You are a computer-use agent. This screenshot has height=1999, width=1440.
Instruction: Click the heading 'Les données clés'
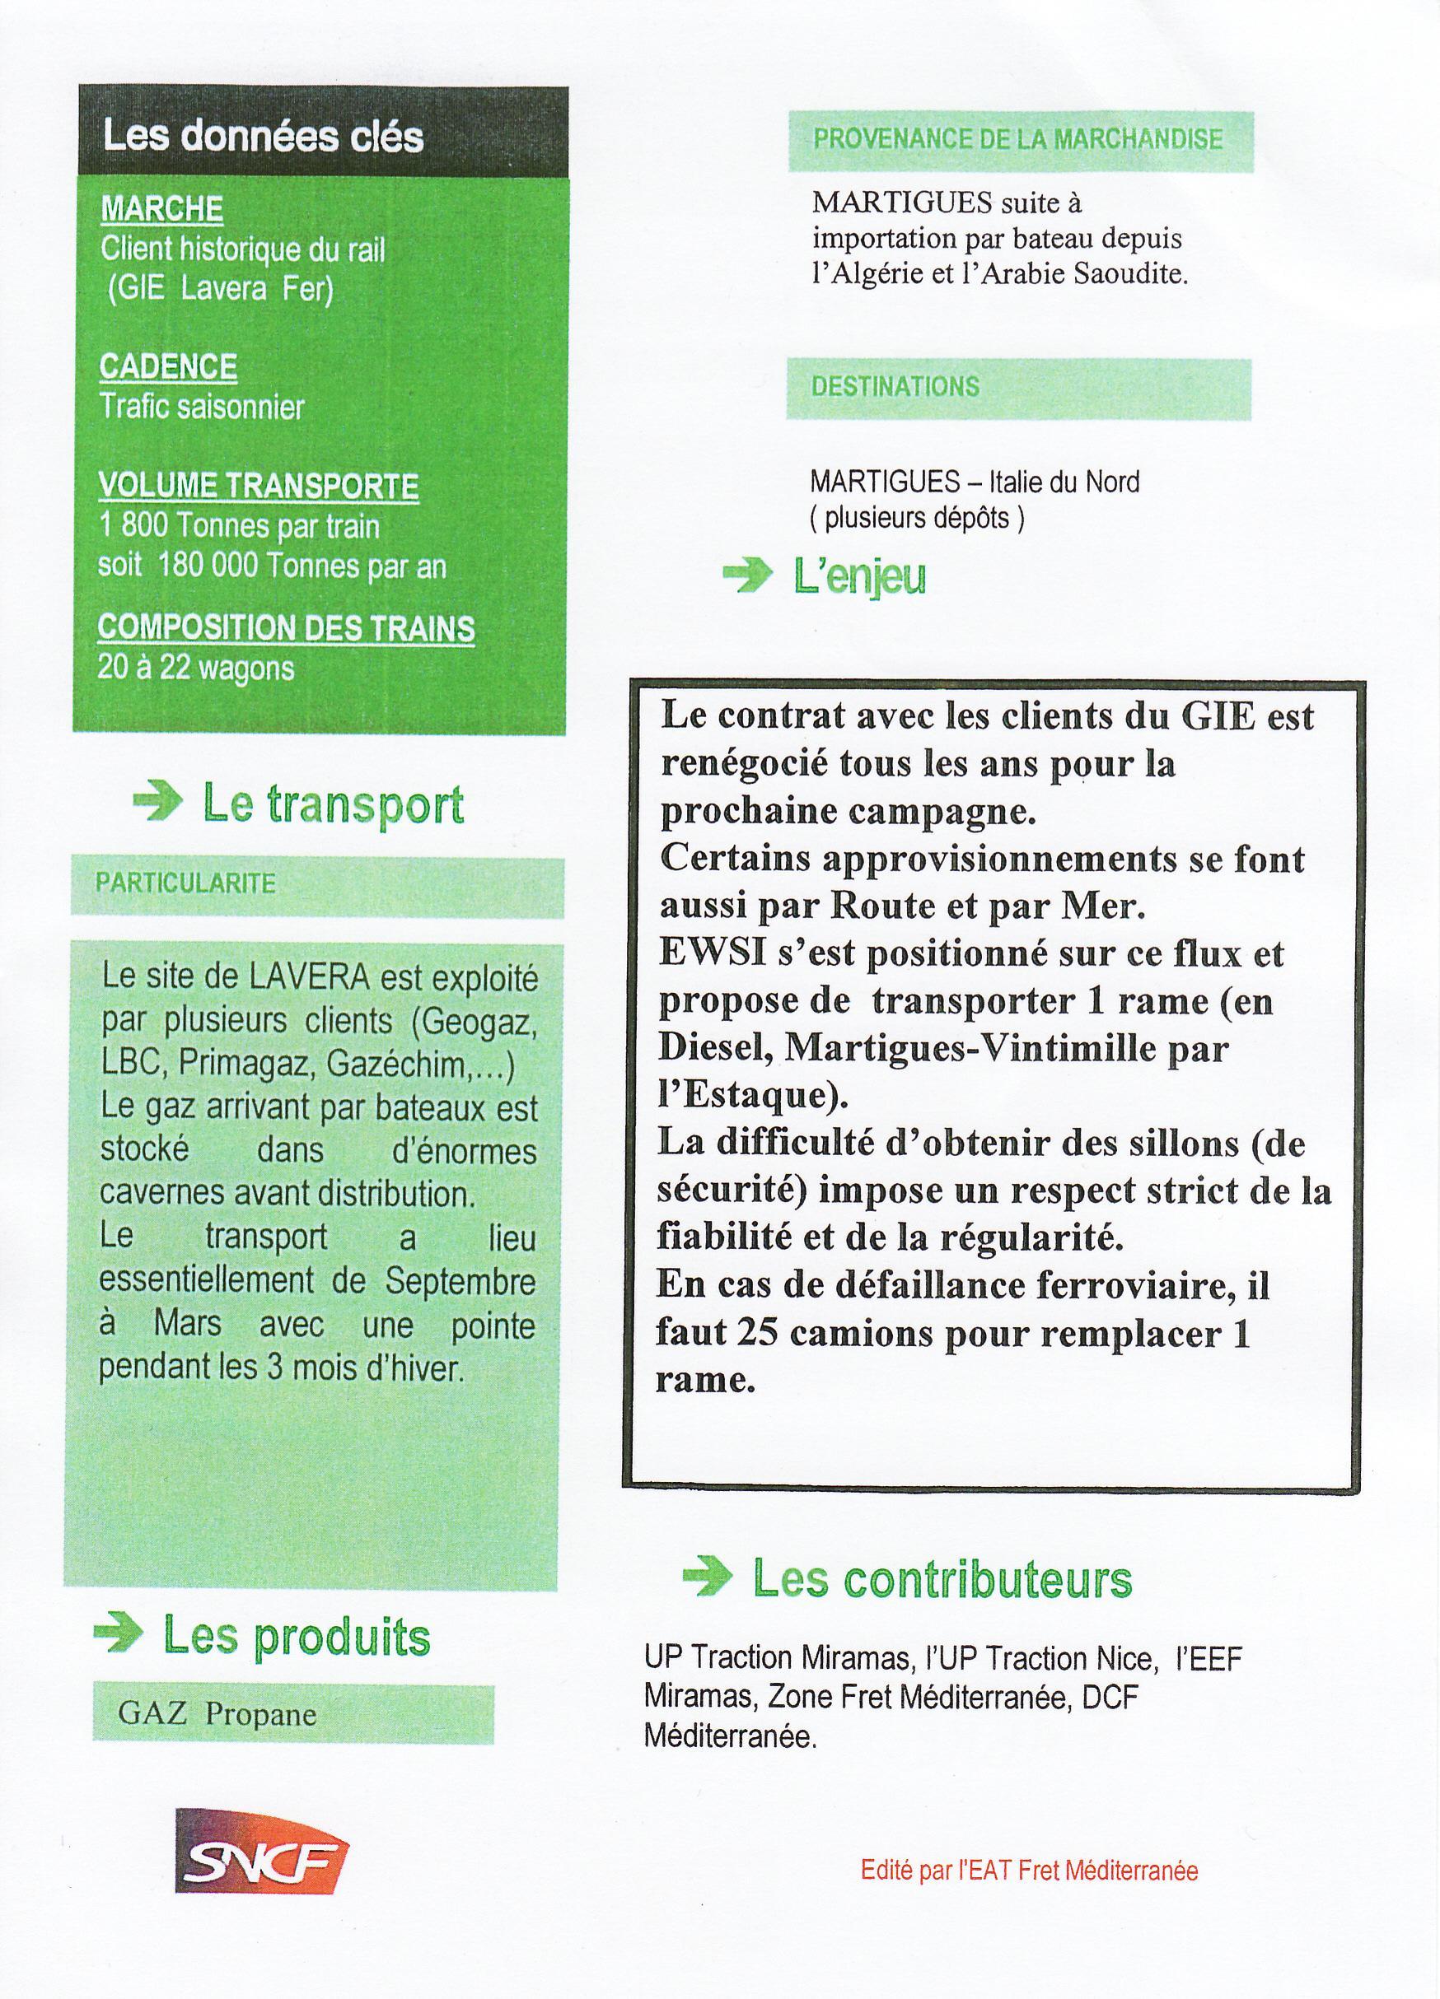coord(263,137)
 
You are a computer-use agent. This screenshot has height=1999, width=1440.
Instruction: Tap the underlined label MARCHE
coord(161,210)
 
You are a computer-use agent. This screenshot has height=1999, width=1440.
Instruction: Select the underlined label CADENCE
coord(167,366)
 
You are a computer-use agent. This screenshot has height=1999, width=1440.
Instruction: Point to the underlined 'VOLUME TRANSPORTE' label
coord(259,486)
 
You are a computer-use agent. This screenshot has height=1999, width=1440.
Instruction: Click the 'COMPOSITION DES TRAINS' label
coord(286,628)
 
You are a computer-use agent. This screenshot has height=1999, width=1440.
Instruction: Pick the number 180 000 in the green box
coord(209,565)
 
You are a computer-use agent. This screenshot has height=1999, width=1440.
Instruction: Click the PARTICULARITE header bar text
coord(185,883)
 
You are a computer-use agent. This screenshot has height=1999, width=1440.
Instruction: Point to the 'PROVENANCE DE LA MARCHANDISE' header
coord(1017,139)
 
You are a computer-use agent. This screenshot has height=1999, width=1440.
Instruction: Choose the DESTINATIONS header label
coord(895,387)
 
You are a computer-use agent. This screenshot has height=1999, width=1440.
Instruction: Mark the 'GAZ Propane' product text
coord(217,1714)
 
